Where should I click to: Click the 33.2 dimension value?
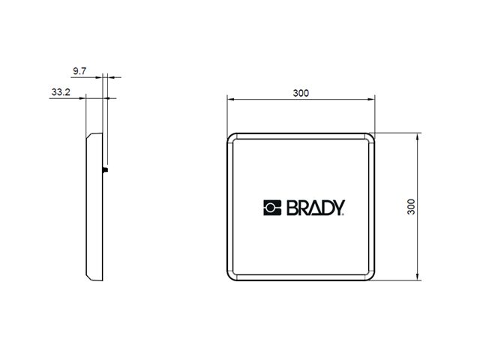[61, 93]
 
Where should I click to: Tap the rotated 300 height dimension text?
[411, 207]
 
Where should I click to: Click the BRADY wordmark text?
[313, 207]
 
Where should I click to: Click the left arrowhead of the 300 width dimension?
[229, 99]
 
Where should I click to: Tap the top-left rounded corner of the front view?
[232, 138]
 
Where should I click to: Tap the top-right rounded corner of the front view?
[369, 138]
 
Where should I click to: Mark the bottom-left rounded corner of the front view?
[232, 277]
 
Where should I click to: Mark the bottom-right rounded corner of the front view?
[369, 277]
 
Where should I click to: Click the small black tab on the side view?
[106, 169]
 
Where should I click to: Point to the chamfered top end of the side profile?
[92, 136]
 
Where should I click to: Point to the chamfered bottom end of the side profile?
[92, 277]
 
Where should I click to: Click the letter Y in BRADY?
[337, 207]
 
